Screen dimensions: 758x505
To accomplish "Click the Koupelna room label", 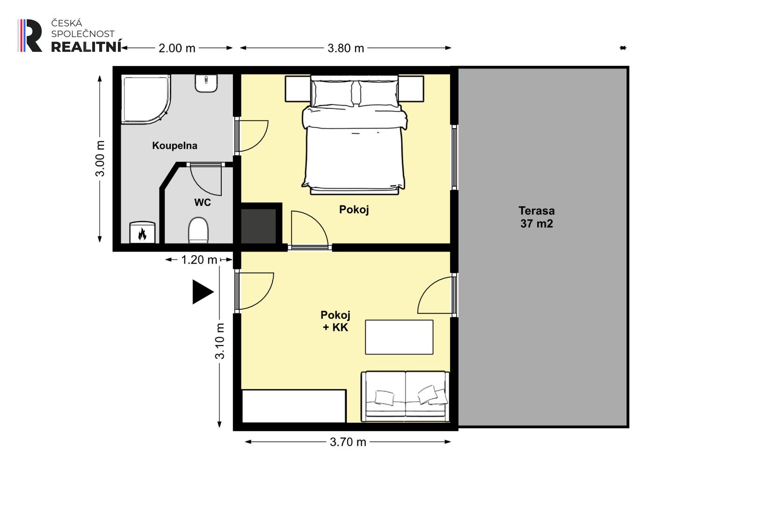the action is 175,146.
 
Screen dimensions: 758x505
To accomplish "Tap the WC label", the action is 202,202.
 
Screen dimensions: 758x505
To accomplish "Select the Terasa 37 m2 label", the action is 537,217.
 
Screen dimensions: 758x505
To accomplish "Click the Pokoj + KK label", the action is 335,321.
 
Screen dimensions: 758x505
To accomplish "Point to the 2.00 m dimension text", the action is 177,48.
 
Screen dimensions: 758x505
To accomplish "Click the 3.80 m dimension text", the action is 345,48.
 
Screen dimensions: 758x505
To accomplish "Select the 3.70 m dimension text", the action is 348,442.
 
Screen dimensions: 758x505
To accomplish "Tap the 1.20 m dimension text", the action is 199,260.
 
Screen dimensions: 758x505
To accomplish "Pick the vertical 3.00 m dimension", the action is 100,159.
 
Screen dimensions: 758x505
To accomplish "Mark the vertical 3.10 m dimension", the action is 219,340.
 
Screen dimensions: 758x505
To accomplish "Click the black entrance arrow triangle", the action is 203,292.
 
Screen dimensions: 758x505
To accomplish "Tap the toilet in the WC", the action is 198,230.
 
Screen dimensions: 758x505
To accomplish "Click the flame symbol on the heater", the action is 142,234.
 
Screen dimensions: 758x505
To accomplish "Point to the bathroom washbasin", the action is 206,84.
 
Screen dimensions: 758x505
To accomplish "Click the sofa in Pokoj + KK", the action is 405,397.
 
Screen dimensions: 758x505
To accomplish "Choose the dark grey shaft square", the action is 258,226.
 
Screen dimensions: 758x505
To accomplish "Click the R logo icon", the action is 30,36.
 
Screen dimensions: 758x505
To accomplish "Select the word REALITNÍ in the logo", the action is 86,47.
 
